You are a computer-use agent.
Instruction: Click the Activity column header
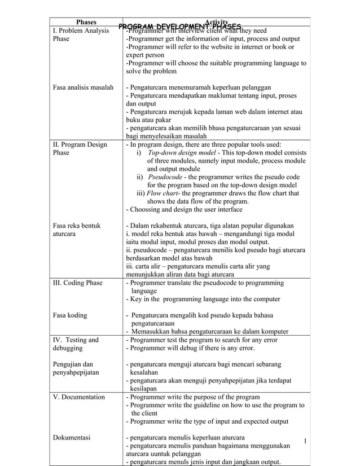coord(216,21)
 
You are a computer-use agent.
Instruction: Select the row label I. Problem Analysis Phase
coord(80,35)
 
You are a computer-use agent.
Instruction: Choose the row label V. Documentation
coord(78,397)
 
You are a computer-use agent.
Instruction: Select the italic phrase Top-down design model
coord(180,153)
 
